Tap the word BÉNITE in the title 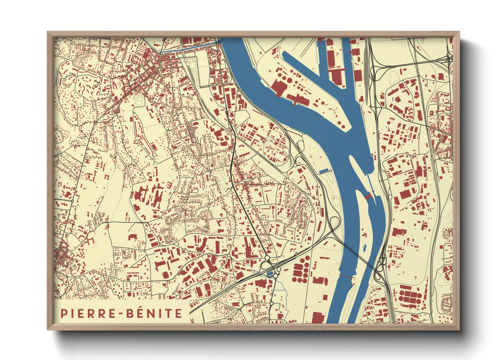tap(155, 313)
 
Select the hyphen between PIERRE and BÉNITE tap(122, 313)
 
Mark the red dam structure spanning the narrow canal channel tap(368, 196)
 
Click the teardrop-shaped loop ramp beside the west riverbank tap(335, 223)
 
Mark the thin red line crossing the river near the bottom tap(346, 276)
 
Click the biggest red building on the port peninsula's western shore tap(279, 88)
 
